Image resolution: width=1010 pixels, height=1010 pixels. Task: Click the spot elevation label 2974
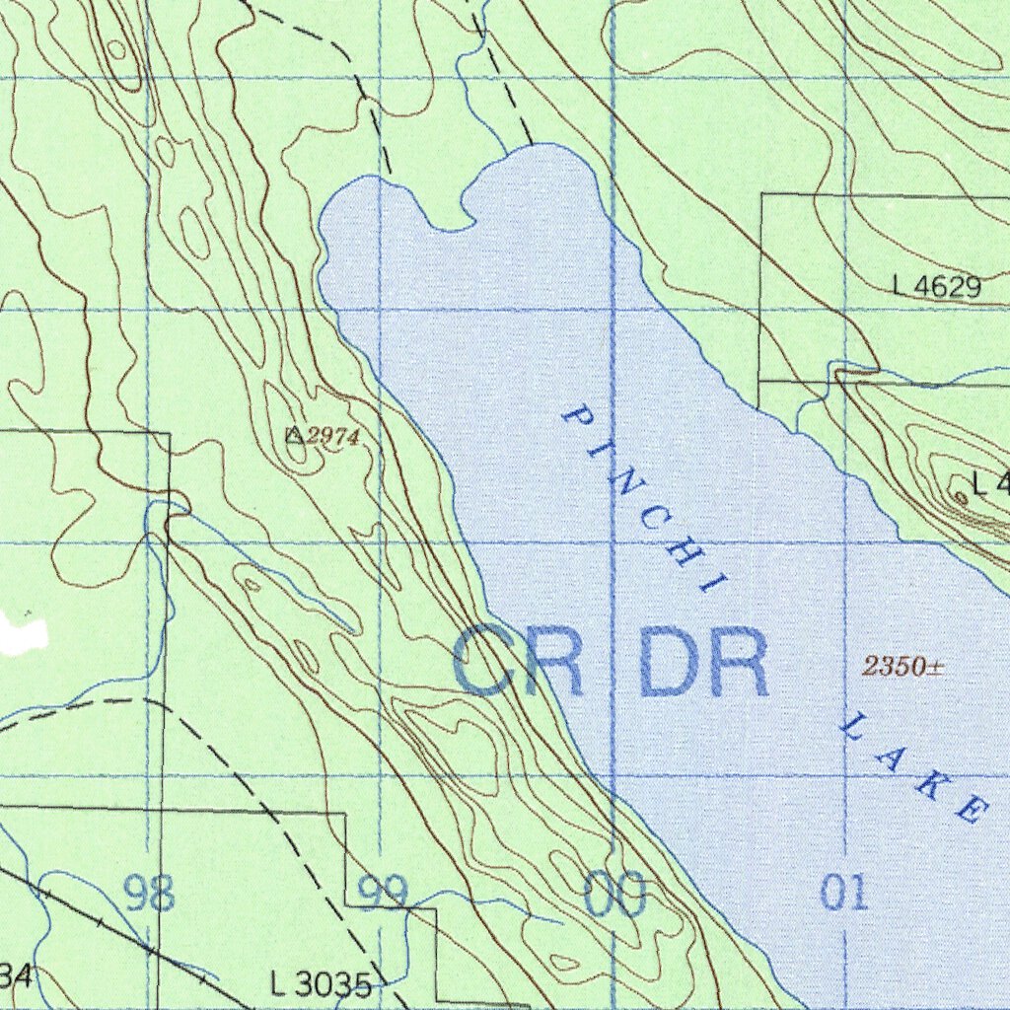[x=325, y=436]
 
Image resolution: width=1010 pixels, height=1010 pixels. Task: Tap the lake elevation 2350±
[x=903, y=668]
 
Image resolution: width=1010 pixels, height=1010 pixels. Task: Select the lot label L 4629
[x=937, y=287]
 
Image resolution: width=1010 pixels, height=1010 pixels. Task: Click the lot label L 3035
[x=321, y=983]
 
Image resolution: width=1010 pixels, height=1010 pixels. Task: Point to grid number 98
[x=150, y=894]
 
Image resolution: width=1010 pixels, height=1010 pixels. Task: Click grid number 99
[x=383, y=894]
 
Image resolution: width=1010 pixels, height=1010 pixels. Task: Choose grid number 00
[x=615, y=896]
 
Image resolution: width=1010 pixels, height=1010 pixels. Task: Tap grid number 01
[x=845, y=893]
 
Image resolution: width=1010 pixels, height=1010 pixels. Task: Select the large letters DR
[x=704, y=663]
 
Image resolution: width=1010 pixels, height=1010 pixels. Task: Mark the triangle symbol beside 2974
[x=293, y=434]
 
